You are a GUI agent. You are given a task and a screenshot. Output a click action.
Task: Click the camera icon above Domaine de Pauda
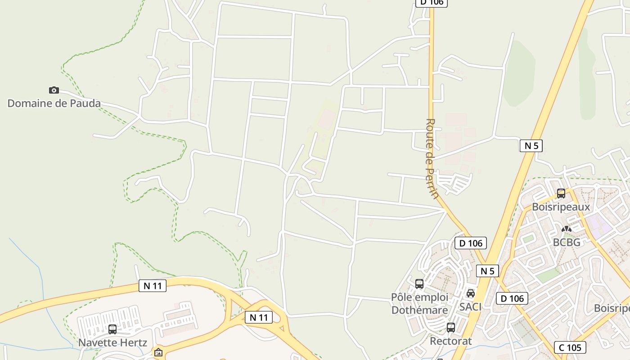tap(54, 90)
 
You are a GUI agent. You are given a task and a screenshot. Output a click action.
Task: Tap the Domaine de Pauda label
tap(54, 103)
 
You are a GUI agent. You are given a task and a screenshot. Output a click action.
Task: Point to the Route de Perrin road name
tap(432, 158)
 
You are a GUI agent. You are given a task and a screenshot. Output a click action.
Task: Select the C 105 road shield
tap(570, 347)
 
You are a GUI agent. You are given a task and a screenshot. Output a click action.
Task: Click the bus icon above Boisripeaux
tap(561, 193)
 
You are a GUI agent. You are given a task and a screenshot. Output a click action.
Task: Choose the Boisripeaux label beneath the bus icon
tap(561, 207)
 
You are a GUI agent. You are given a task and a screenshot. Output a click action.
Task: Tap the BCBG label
tap(567, 242)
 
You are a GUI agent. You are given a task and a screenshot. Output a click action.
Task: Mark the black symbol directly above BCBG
tap(567, 229)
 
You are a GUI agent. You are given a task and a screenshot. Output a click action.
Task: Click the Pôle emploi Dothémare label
tap(419, 304)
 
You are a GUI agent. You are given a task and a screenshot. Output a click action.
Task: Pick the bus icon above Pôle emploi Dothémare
tap(419, 284)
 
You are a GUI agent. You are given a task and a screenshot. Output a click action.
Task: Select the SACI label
tap(470, 307)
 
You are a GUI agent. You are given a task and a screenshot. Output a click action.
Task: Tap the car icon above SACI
tap(471, 293)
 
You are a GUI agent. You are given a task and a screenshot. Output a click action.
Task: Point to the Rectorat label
tap(451, 341)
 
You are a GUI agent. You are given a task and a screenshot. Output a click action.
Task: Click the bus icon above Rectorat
tap(451, 328)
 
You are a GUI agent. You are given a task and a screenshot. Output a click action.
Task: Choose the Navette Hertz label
tap(112, 342)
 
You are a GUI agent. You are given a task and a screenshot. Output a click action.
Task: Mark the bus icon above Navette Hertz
tap(112, 329)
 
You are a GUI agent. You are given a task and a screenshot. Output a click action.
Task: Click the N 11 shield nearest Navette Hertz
tap(153, 286)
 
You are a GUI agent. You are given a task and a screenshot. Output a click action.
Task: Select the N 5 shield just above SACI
tap(487, 271)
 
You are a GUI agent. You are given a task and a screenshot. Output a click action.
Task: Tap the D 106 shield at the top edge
tap(431, 3)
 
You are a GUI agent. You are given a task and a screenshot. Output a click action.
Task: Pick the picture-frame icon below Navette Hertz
tap(158, 352)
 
